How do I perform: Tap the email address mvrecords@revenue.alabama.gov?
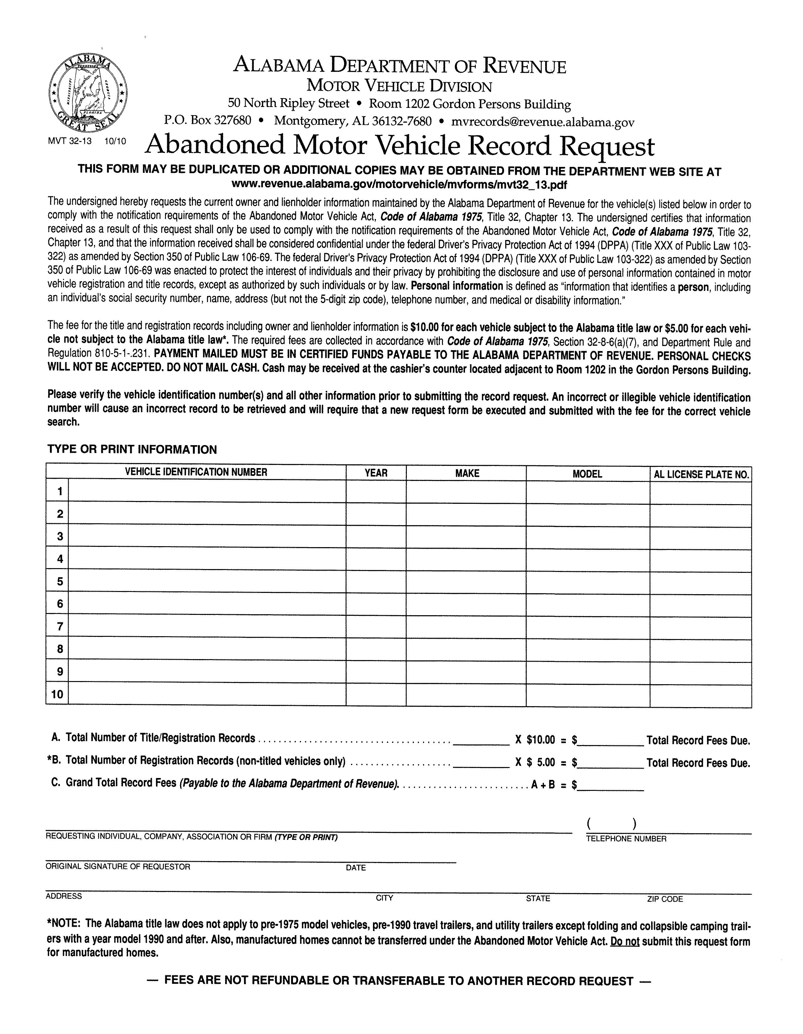tap(543, 122)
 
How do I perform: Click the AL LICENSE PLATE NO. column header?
tap(701, 474)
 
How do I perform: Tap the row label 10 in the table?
tap(57, 695)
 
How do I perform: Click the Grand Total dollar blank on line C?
tap(611, 785)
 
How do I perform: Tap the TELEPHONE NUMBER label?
tap(626, 839)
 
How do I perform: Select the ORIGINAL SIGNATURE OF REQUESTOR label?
tap(118, 866)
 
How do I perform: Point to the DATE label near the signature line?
tap(356, 867)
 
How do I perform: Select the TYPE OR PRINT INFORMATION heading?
tap(132, 449)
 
